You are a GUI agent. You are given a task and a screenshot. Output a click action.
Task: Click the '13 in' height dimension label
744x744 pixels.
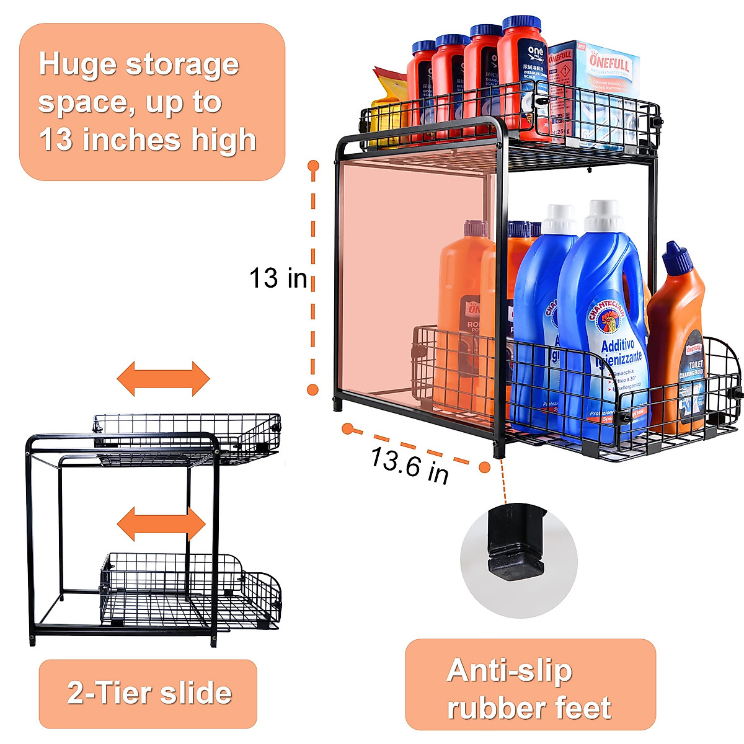click(278, 278)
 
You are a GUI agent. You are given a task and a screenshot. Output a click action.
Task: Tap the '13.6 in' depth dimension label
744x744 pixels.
click(410, 465)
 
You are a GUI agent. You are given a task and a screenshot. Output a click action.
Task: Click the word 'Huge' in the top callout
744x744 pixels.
click(77, 64)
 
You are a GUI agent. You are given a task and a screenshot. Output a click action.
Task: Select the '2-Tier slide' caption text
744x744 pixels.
click(149, 693)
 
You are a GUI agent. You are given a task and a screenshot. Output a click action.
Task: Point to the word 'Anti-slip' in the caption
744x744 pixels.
click(509, 670)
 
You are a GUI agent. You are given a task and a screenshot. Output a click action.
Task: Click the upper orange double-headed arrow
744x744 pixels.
click(164, 378)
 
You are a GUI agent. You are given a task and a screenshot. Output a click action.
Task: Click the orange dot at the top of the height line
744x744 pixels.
click(313, 166)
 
